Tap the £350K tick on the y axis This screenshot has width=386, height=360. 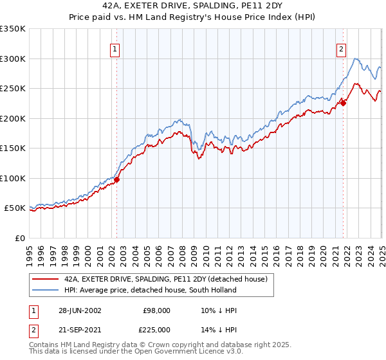click(x=13, y=29)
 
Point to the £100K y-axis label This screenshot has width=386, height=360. click(x=13, y=178)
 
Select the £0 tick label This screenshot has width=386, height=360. click(x=20, y=238)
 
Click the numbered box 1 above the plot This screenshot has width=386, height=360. click(x=115, y=49)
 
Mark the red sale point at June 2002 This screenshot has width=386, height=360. click(x=117, y=180)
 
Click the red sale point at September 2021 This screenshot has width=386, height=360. click(x=343, y=103)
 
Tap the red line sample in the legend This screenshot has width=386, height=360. click(x=46, y=279)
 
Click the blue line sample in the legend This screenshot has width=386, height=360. click(x=46, y=290)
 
